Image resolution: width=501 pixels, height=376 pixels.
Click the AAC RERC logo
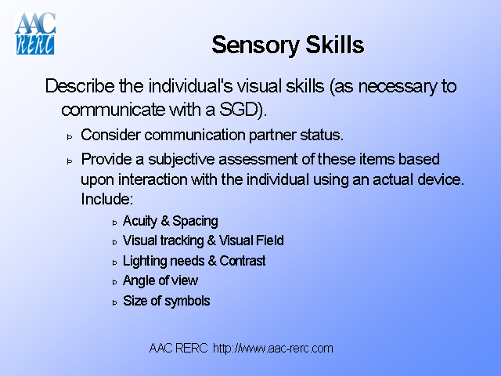click(35, 34)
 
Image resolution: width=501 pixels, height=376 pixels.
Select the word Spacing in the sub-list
click(195, 221)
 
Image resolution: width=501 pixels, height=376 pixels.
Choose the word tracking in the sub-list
click(182, 240)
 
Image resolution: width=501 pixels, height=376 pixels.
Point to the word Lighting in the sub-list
click(145, 261)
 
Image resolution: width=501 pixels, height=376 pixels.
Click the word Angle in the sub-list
click(139, 280)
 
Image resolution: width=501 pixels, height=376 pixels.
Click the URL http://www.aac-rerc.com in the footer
click(273, 348)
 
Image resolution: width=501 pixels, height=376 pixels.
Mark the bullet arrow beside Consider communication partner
click(69, 136)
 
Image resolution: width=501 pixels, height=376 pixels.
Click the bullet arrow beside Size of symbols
click(114, 302)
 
